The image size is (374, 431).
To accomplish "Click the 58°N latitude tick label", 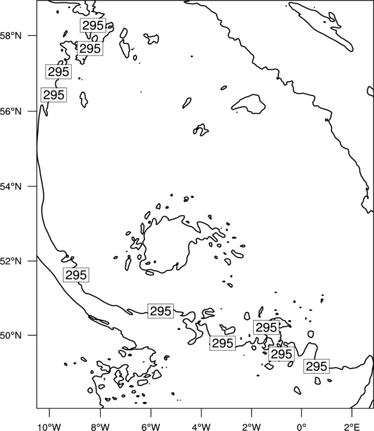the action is (11, 36).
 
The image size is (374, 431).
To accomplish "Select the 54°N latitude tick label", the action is (11, 186).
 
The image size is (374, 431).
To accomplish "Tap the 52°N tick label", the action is (11, 261).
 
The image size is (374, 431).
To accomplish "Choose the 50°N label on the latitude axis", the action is (11, 336).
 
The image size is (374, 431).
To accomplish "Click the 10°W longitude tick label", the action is (49, 427).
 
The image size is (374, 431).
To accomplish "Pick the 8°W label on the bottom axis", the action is (100, 427).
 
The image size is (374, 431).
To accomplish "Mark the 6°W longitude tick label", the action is (151, 427).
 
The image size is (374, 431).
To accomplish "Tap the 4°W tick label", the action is (201, 427).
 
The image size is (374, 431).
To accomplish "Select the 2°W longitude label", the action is (251, 427).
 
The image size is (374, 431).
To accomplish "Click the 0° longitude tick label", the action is (302, 427).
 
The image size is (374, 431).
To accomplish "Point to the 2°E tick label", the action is (352, 427).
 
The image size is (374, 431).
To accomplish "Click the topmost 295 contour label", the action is (93, 25).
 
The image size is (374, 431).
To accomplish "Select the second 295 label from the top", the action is (90, 48).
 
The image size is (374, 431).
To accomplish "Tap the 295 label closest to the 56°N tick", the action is (54, 95).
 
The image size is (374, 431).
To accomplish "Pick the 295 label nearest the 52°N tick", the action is (76, 275).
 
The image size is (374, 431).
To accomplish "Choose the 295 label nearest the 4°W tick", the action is (223, 343).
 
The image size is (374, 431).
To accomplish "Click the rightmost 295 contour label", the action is (316, 366).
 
